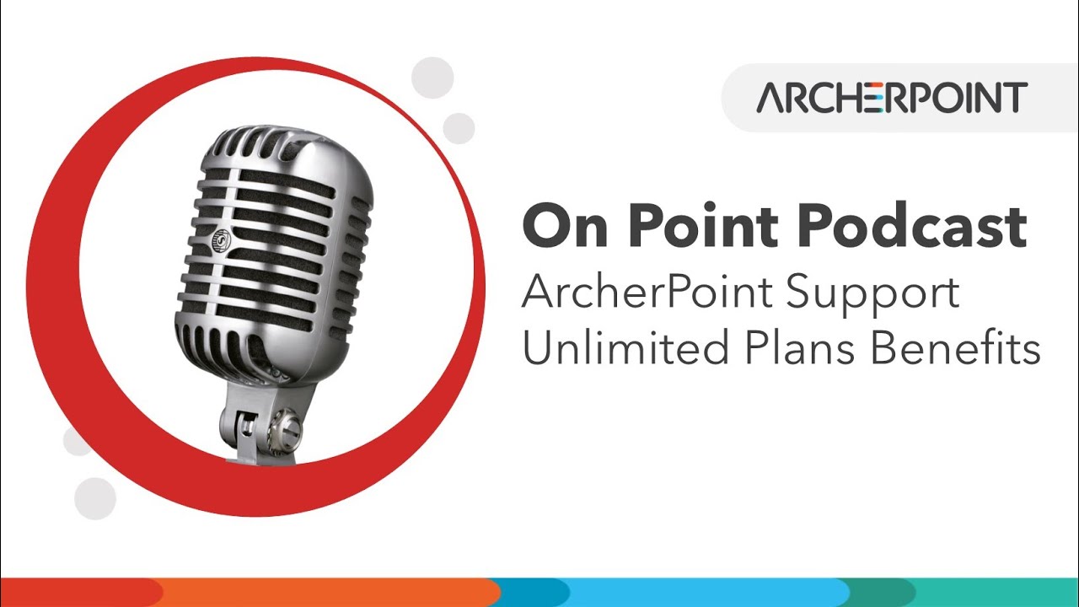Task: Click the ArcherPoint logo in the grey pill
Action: (x=891, y=98)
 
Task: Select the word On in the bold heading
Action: (x=564, y=226)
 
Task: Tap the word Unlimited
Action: (x=625, y=347)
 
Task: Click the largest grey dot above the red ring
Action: (x=432, y=78)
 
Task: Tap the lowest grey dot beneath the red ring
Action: (x=94, y=497)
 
